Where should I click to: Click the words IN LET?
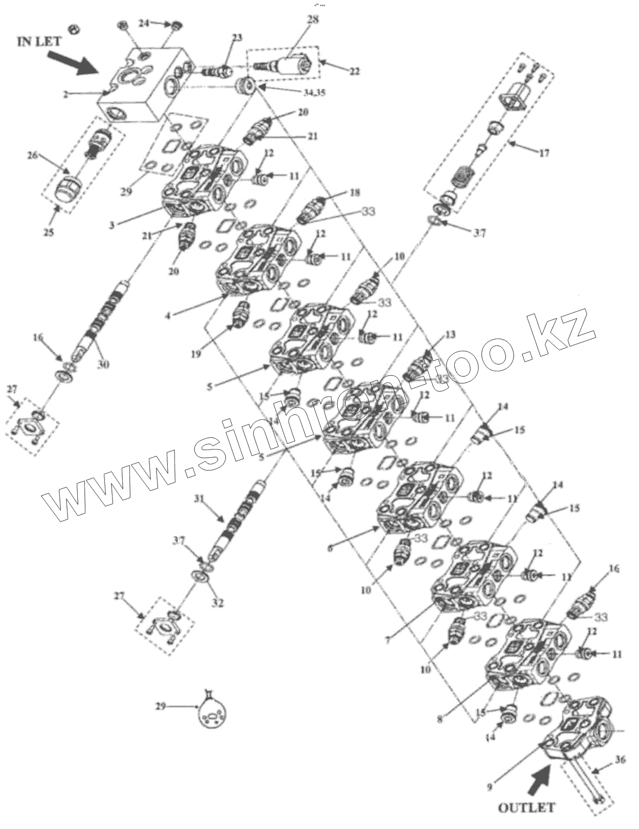39,41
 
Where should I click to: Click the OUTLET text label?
526,808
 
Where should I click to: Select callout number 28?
313,20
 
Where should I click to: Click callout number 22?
354,72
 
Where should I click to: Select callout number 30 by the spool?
104,364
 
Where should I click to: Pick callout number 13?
450,335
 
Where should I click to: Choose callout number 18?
355,192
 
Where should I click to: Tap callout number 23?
237,37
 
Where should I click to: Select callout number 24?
145,23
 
